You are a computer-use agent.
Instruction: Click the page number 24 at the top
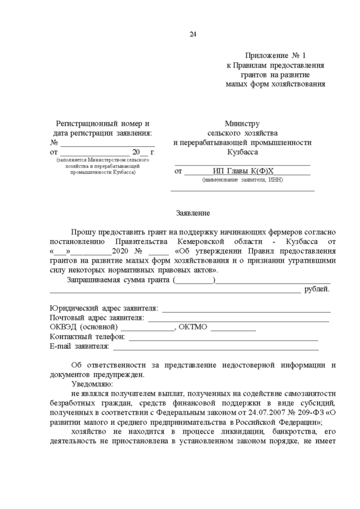tap(192, 35)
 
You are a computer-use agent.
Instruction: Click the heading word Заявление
tap(192, 214)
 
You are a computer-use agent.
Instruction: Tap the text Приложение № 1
tap(275, 56)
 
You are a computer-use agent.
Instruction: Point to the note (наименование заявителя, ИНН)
tap(242, 180)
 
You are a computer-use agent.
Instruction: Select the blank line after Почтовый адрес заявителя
tap(238, 320)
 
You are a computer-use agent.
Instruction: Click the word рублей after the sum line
tap(317, 290)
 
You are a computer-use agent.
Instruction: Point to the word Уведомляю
tap(92, 384)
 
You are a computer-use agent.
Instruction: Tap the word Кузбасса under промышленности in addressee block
tap(242, 152)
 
